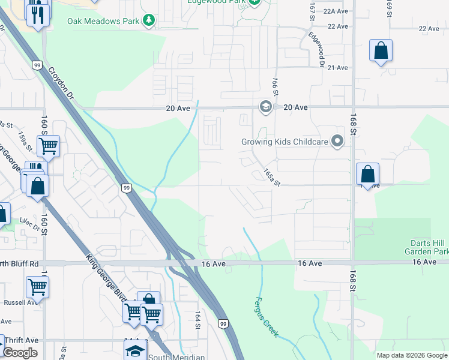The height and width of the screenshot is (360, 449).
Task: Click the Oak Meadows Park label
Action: point(103,21)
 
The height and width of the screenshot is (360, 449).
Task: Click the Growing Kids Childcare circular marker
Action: point(337,142)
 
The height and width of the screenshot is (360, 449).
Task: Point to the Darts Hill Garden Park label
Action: point(426,247)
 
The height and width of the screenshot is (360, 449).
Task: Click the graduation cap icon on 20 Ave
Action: point(265,107)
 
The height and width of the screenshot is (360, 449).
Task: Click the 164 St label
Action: point(197,319)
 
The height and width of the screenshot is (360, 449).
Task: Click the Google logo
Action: point(20,353)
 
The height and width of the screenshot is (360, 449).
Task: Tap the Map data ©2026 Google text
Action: point(411,355)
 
